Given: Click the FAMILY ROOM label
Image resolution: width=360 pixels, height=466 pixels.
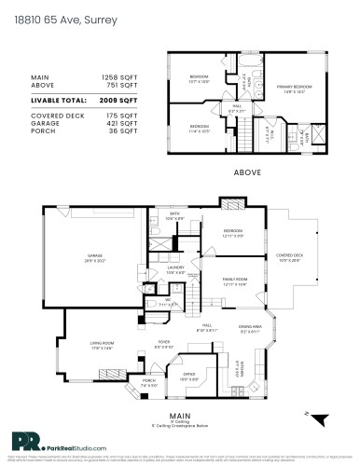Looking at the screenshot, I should point(234,280).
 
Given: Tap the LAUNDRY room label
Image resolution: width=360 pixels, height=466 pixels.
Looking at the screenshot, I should point(178,268).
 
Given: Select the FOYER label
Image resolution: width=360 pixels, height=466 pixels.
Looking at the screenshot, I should point(162,344).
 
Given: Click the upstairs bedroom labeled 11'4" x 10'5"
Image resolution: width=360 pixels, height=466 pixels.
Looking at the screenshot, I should point(200,127).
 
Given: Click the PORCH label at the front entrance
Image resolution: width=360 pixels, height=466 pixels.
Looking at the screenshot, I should point(149,382).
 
